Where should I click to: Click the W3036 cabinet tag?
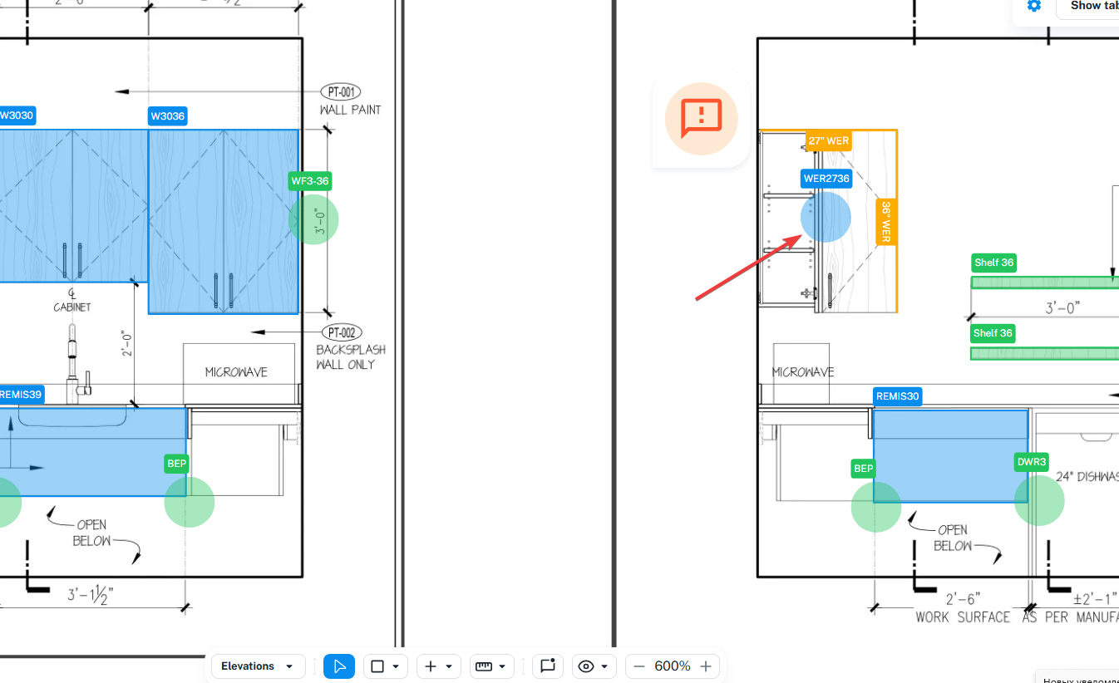point(168,116)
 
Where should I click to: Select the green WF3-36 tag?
point(311,181)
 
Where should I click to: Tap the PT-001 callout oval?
point(341,92)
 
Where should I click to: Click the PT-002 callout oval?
point(341,332)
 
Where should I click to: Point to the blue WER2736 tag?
point(826,179)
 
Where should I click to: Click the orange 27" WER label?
point(828,140)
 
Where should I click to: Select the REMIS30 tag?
point(898,396)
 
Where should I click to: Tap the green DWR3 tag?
point(1032,462)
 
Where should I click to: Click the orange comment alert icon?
point(702,119)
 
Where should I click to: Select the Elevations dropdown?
point(258,666)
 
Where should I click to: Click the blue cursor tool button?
point(339,666)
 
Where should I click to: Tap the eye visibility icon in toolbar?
point(587,666)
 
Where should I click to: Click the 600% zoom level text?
point(673,666)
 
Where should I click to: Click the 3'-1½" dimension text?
point(90,595)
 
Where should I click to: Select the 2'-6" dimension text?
point(964,599)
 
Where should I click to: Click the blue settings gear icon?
point(1033,6)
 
